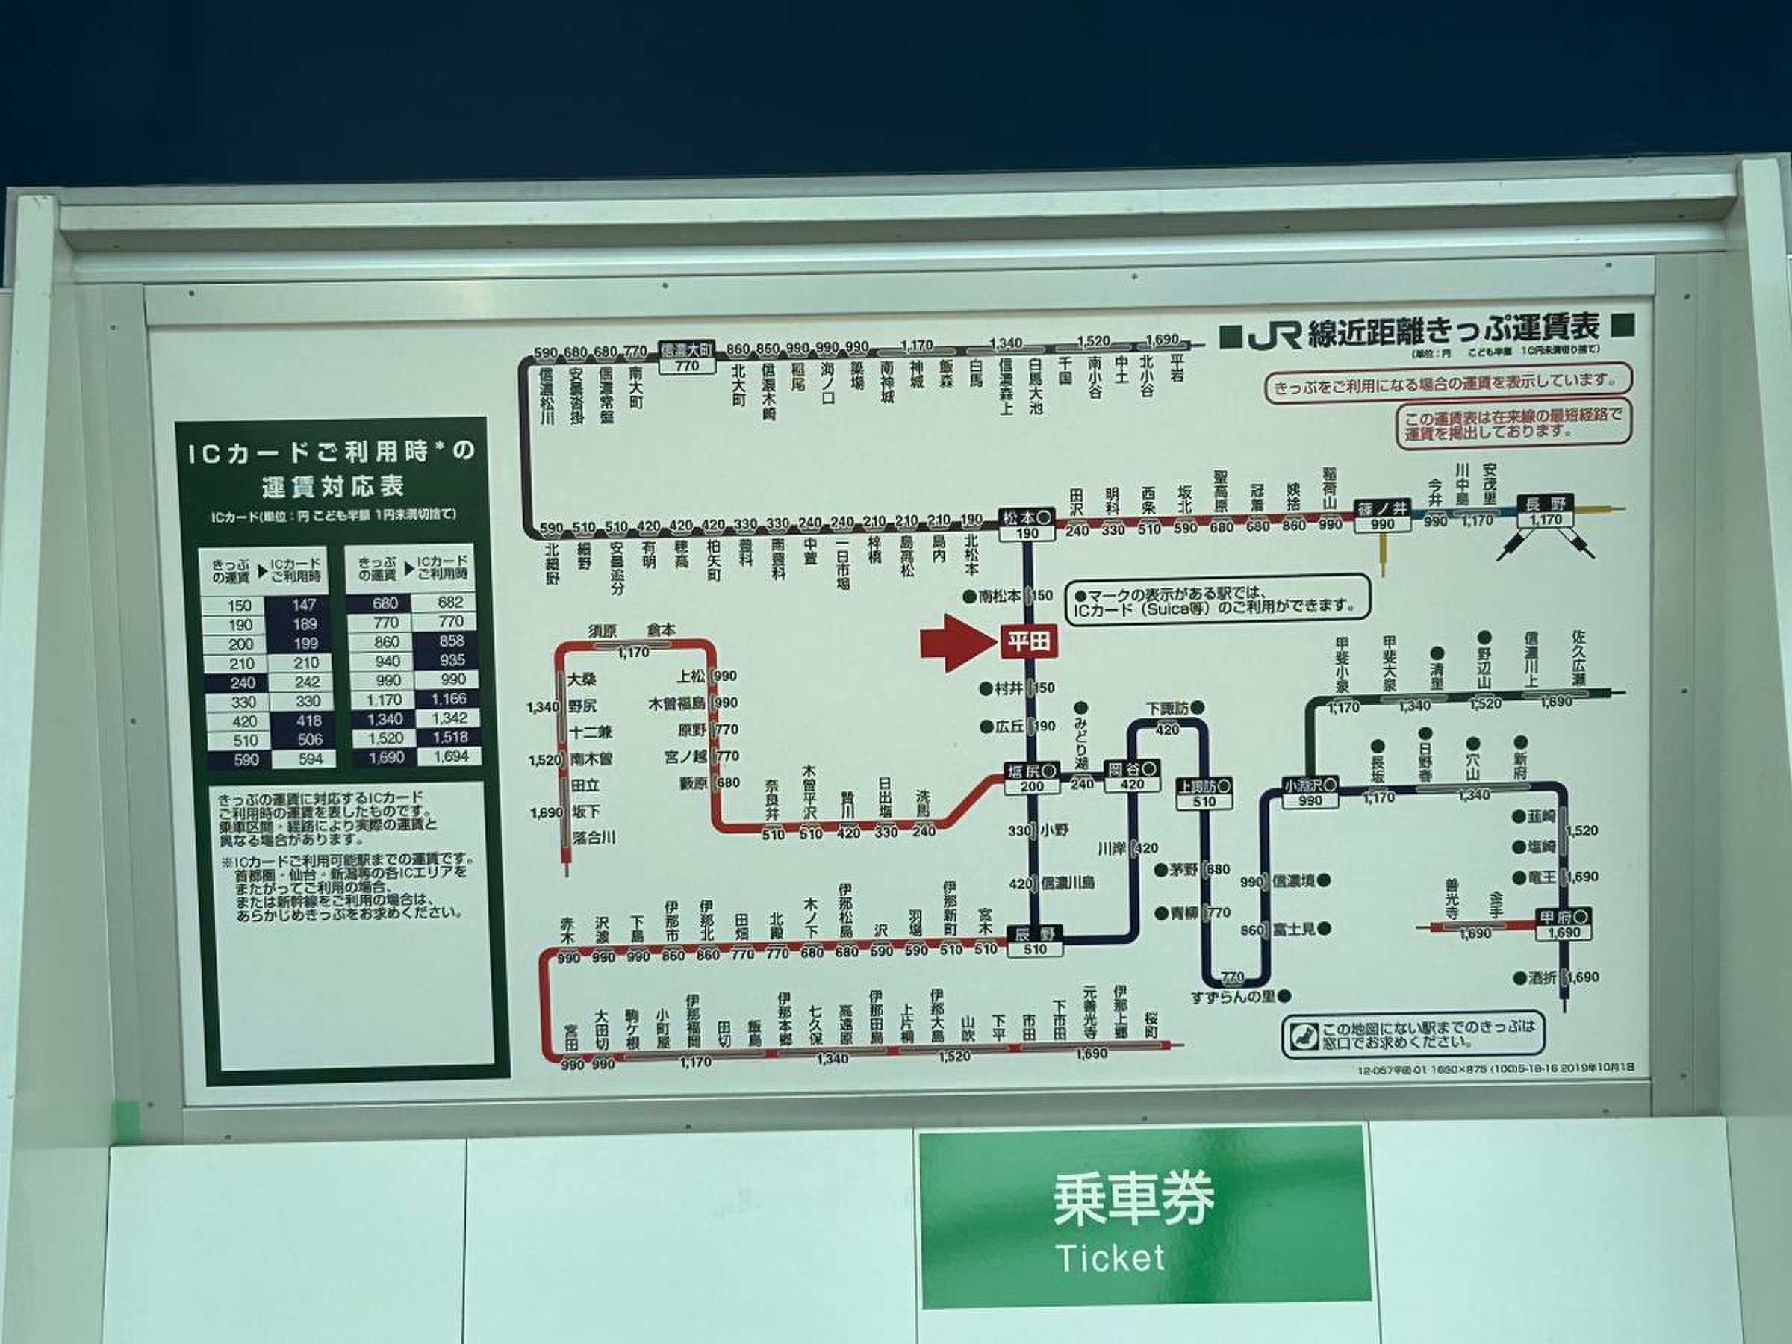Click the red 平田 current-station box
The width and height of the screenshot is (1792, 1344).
pos(1029,642)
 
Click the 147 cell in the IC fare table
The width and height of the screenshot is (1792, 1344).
pos(304,604)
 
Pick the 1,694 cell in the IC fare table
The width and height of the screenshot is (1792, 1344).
pos(450,756)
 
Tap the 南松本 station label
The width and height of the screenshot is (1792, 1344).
pos(1000,595)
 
